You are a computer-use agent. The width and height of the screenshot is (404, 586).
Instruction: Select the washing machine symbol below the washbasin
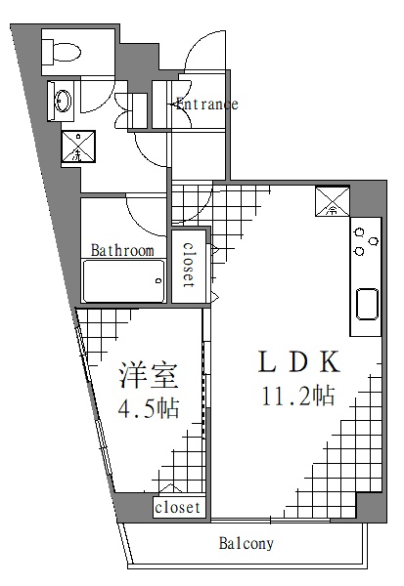[x=77, y=146]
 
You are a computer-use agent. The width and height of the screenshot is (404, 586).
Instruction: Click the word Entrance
[x=206, y=105]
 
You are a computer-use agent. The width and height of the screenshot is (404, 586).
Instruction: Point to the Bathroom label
[x=122, y=251]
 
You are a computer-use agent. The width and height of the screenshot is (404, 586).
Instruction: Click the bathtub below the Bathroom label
[x=122, y=283]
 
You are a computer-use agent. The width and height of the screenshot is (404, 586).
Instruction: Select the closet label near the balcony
[x=178, y=508]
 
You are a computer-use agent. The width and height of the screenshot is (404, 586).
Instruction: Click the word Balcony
[x=246, y=544]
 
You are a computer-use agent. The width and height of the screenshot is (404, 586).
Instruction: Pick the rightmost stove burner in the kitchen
[x=372, y=242]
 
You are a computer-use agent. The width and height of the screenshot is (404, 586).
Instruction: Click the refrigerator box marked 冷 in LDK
[x=332, y=201]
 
